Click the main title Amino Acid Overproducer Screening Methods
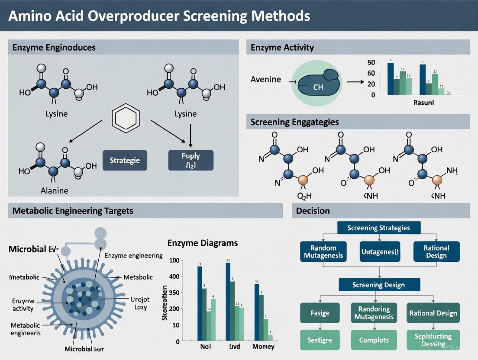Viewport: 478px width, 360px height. [x=158, y=16]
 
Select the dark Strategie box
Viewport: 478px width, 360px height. [x=125, y=160]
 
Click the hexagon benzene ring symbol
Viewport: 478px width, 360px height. [x=125, y=118]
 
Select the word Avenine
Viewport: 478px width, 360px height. [x=265, y=79]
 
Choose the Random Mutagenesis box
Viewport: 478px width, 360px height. [x=323, y=251]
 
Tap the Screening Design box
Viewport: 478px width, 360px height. [x=379, y=285]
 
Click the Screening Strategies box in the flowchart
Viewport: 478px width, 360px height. [x=379, y=228]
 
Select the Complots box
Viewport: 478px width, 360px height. [x=375, y=340]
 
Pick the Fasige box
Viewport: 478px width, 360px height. [x=320, y=313]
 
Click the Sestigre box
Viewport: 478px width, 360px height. [x=320, y=340]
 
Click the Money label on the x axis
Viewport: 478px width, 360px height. [x=263, y=347]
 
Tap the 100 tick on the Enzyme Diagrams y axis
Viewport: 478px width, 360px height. [x=174, y=260]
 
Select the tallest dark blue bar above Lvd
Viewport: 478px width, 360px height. [x=228, y=301]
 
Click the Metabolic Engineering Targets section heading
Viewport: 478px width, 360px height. [x=73, y=211]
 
